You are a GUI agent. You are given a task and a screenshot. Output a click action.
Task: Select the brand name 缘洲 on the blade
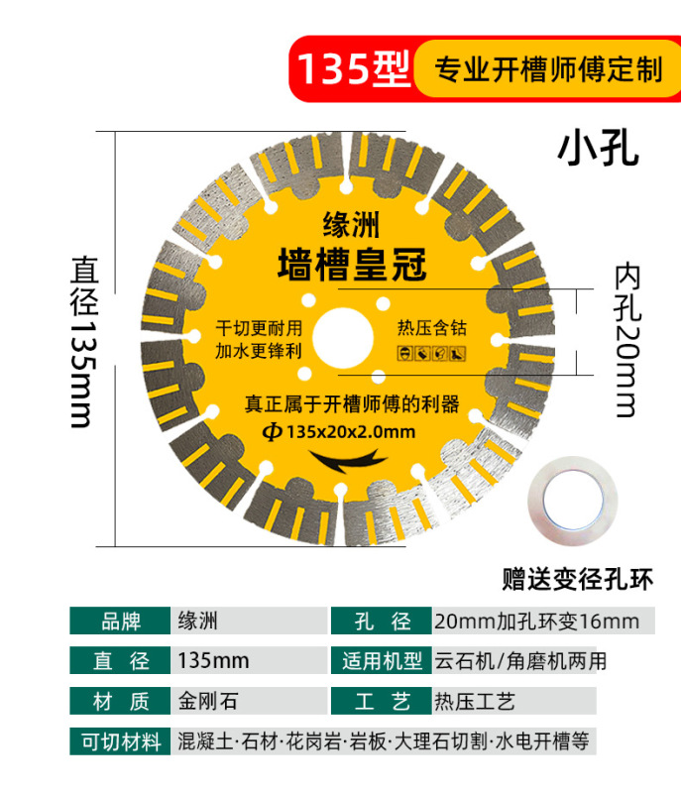tap(351, 225)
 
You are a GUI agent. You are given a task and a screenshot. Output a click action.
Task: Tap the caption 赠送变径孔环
tap(578, 577)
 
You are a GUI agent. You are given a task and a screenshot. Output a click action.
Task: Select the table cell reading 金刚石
tap(207, 702)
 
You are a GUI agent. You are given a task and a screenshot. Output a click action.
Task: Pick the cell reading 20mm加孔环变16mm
tap(535, 622)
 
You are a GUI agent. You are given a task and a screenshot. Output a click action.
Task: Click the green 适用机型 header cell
tap(382, 661)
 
